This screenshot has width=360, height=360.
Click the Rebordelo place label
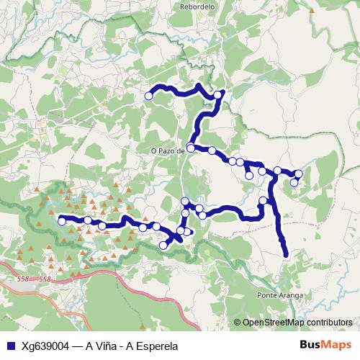click(197, 6)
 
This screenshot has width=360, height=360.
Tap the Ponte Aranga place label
click(278, 295)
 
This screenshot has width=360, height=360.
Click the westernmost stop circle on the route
click(62, 220)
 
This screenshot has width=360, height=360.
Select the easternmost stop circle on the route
click(298, 174)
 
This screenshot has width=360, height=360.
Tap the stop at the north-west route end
click(149, 96)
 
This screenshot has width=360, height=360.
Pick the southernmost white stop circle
click(163, 246)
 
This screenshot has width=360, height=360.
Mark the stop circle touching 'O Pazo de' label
click(191, 148)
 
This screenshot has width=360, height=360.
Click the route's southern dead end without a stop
click(287, 253)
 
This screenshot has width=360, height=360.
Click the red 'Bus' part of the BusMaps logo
click(311, 345)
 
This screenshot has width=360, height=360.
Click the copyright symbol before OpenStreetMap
click(238, 323)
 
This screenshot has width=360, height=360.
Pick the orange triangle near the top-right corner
click(311, 12)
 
